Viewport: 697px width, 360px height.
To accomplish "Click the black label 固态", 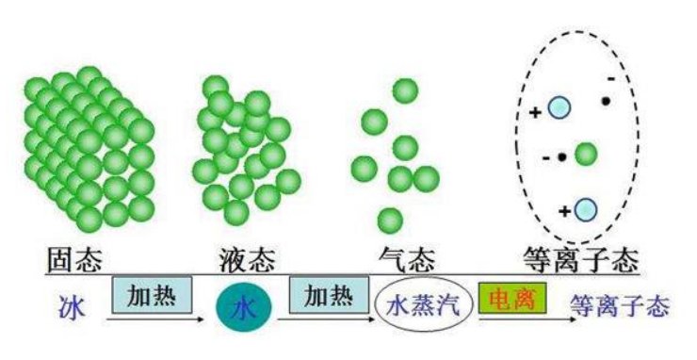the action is coord(74,257).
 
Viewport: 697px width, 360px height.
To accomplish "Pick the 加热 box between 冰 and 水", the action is coord(152,294).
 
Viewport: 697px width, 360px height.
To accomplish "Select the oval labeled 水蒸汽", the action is coord(421,306).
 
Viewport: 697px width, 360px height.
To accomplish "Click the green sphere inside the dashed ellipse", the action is coord(586,153).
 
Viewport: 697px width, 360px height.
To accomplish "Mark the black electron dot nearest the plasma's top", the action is coord(608,99).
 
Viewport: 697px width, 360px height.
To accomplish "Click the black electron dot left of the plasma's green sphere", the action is coord(561,157).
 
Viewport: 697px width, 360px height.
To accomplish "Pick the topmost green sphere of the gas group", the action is coord(406,90).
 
